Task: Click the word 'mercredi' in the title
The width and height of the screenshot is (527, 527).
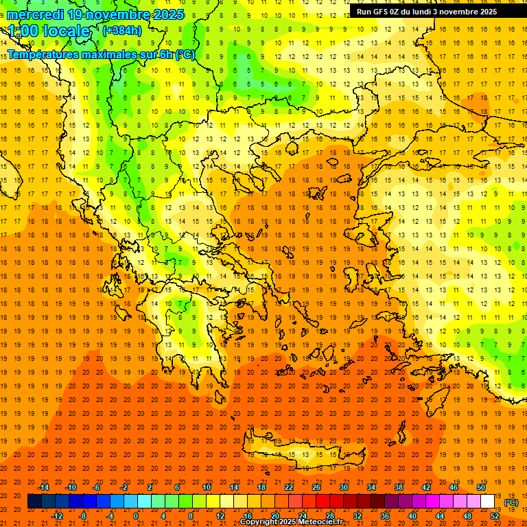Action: pyautogui.click(x=36, y=14)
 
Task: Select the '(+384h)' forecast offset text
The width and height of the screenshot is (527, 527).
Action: pyautogui.click(x=122, y=31)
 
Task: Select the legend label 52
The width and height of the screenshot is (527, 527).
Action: pyautogui.click(x=495, y=516)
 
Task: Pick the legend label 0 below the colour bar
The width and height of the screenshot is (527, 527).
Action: pyautogui.click(x=136, y=516)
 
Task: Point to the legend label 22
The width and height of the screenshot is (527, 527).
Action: pyautogui.click(x=289, y=487)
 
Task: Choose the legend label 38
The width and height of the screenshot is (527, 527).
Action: pyautogui.click(x=399, y=487)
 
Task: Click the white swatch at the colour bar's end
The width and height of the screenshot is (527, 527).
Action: pyautogui.click(x=487, y=502)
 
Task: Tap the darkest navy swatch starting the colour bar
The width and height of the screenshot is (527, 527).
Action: pyautogui.click(x=34, y=502)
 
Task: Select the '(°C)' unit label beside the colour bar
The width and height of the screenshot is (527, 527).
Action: pyautogui.click(x=511, y=502)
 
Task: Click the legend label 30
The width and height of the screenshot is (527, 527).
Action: pyautogui.click(x=344, y=487)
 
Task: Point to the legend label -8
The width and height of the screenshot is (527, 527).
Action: pyautogui.click(x=83, y=516)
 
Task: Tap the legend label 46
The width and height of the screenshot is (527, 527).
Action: pyautogui.click(x=454, y=487)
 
